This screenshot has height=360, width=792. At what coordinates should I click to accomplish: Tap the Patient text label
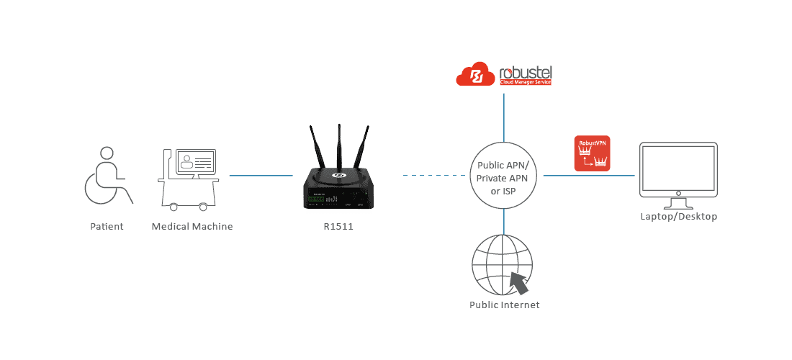[107, 226]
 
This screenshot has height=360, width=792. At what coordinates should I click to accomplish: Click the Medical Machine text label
[192, 226]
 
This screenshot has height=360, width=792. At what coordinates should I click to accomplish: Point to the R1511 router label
[338, 226]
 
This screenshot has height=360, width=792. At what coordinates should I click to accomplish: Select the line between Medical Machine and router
[261, 175]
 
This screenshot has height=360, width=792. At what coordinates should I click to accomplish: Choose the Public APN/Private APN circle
[504, 175]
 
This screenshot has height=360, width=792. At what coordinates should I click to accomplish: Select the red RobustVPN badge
[592, 153]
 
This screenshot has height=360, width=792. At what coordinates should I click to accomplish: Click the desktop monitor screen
[678, 171]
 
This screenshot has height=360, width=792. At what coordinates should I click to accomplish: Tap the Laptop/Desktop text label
[678, 216]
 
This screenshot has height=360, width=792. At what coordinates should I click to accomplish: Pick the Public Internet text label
[504, 305]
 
